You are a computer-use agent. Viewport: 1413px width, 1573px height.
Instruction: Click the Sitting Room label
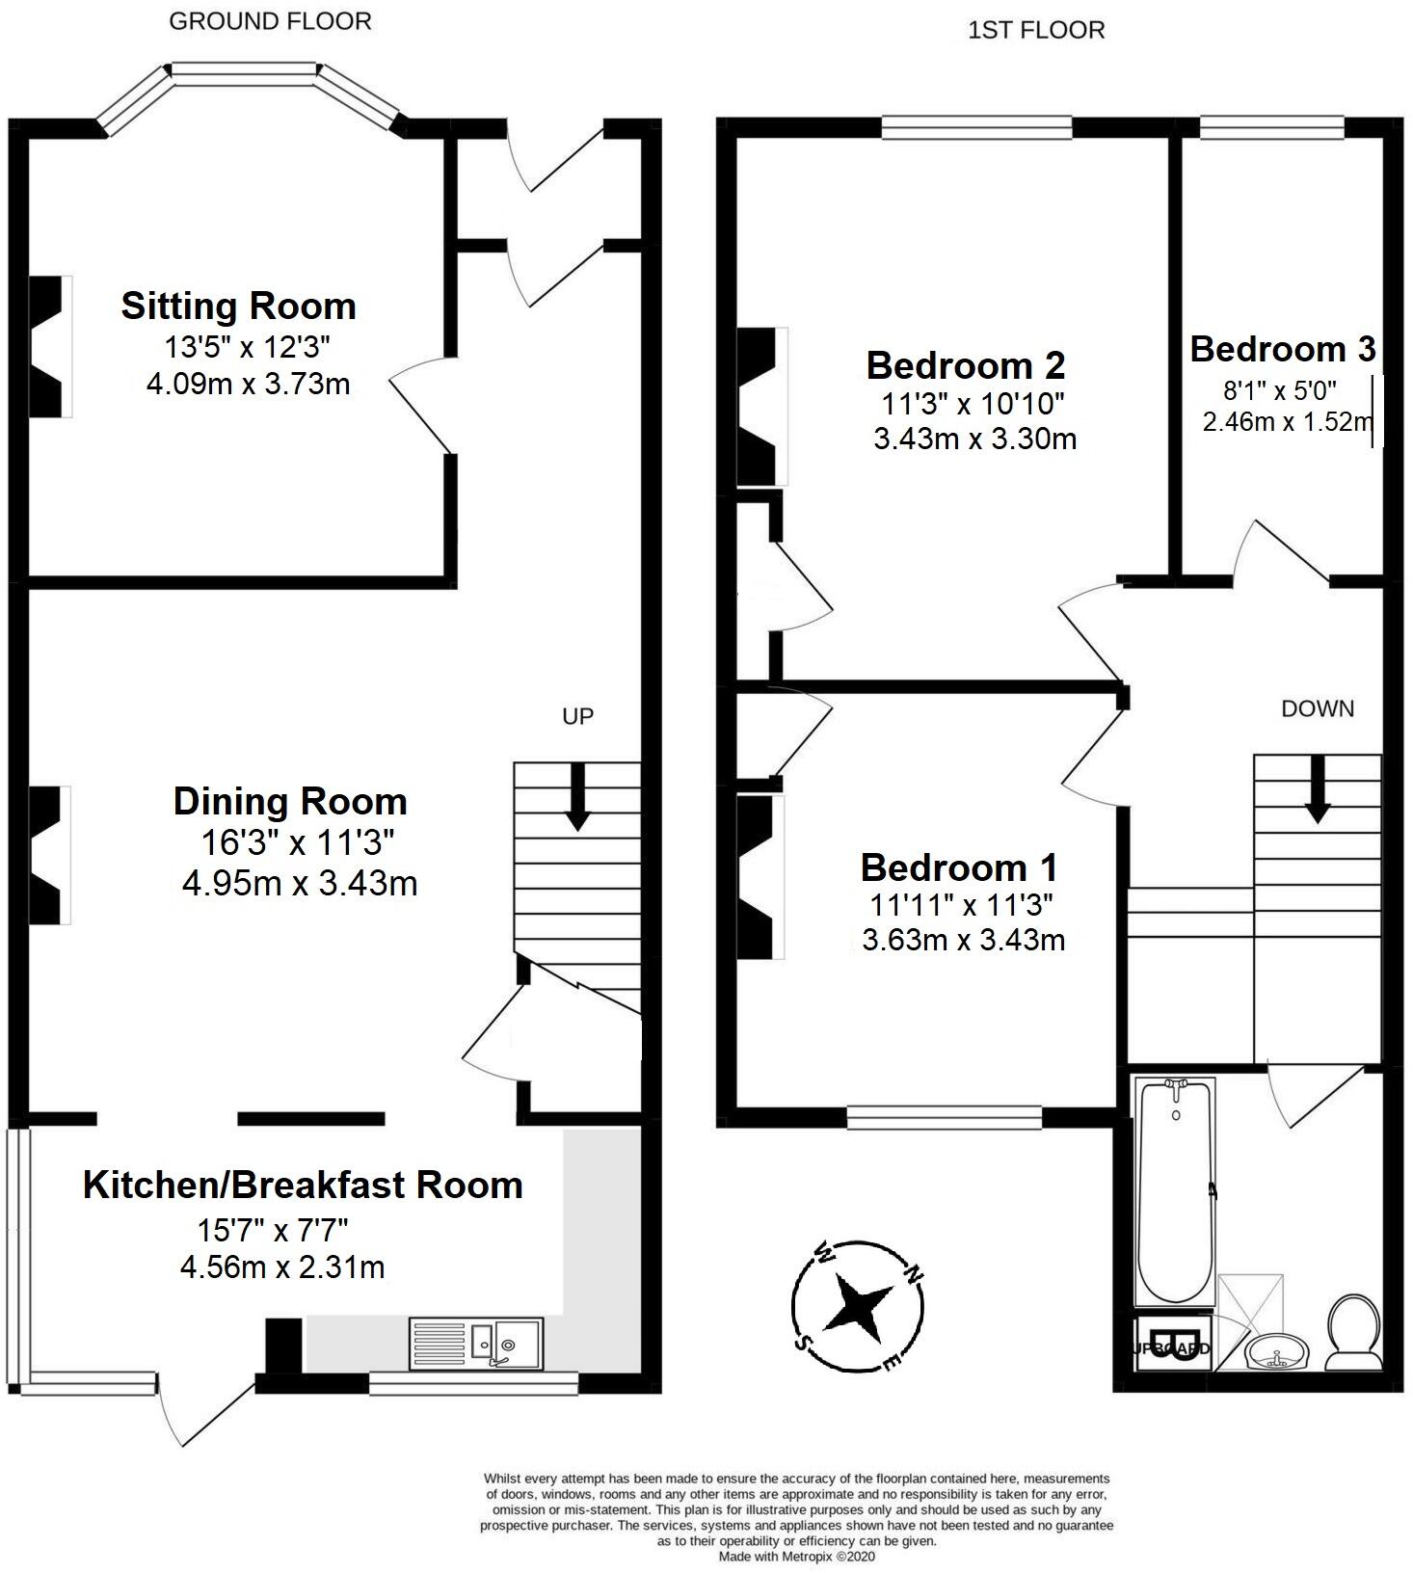(238, 307)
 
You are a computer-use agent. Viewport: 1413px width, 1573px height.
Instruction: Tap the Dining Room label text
(290, 802)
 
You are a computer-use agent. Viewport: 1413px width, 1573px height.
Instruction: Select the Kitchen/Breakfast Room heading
(303, 1186)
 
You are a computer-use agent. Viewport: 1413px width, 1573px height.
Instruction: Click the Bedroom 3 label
(1282, 349)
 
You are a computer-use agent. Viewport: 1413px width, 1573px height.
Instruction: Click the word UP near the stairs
(577, 716)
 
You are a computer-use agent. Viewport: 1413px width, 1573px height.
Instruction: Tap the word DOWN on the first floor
(1317, 709)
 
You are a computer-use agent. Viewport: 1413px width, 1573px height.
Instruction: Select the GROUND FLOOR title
(270, 21)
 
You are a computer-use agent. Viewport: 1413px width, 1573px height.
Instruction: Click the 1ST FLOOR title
(1036, 31)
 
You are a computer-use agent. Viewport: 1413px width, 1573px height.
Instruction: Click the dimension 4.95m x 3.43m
(300, 884)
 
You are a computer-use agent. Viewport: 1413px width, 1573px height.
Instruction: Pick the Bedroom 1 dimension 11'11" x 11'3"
(961, 905)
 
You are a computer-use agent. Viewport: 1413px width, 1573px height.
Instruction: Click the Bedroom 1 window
(944, 1117)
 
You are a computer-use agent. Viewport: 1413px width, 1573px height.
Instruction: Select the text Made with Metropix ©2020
(797, 1556)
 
